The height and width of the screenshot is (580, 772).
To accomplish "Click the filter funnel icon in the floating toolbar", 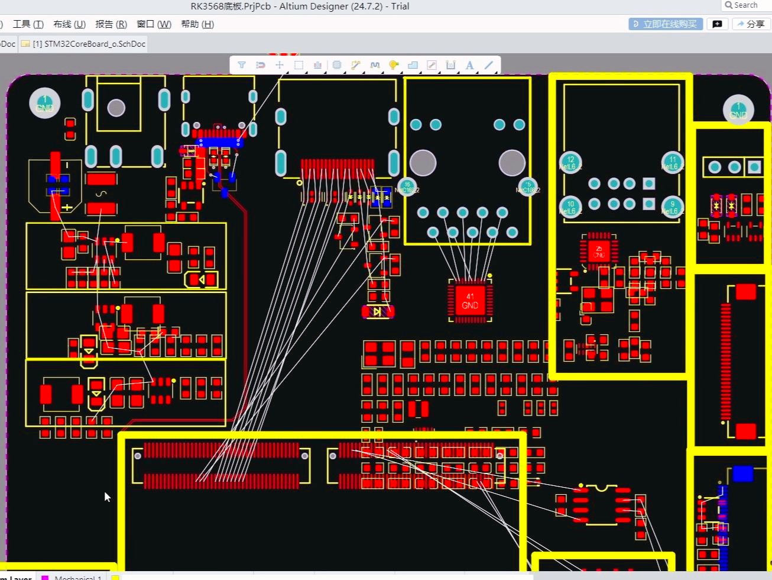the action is point(242,65).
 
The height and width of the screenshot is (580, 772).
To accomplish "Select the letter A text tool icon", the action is point(469,65).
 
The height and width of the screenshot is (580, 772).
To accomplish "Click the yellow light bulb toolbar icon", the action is point(394,65).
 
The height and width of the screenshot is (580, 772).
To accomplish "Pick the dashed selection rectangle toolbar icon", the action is point(299,65).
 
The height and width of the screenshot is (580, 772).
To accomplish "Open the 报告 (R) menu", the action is point(111,24).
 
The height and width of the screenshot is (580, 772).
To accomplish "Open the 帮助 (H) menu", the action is point(197,24).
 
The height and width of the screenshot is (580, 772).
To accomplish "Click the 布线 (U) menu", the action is point(69,24).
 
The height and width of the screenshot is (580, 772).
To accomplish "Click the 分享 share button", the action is point(750,24).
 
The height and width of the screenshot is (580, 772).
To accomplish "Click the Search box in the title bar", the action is point(746,5).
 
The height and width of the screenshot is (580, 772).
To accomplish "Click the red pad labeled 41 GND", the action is point(470,301).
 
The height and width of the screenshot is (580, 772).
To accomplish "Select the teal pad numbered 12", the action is point(570,162).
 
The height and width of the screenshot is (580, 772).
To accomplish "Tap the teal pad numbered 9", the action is point(672,207).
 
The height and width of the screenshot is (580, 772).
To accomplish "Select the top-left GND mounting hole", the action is point(45,104).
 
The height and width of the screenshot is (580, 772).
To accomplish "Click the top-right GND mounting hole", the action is point(738,110).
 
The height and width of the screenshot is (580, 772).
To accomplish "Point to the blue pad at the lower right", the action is point(742,473).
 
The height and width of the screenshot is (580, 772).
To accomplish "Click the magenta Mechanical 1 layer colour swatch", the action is point(45,577).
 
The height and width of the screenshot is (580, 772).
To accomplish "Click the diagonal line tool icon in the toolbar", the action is point(489,65).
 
